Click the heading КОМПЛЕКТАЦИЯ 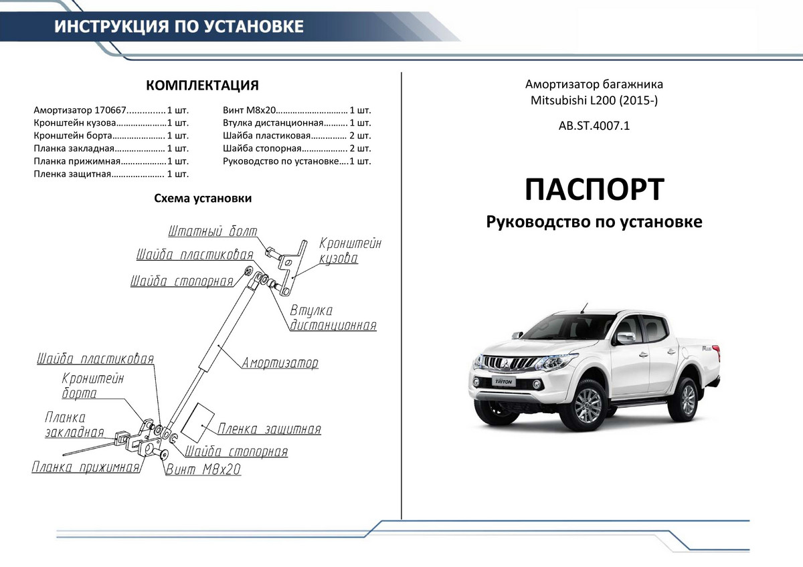pyautogui.click(x=202, y=86)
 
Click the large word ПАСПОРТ pyautogui.click(x=594, y=189)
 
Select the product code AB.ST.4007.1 pyautogui.click(x=594, y=125)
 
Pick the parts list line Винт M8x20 pyautogui.click(x=297, y=110)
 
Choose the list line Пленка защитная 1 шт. pyautogui.click(x=111, y=174)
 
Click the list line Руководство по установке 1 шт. pyautogui.click(x=297, y=161)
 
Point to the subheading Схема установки pyautogui.click(x=203, y=199)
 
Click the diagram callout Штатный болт pyautogui.click(x=213, y=232)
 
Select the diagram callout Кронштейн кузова pyautogui.click(x=349, y=251)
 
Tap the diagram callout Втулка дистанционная pyautogui.click(x=333, y=318)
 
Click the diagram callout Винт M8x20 pyautogui.click(x=203, y=470)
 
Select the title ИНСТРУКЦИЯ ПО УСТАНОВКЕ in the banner pyautogui.click(x=179, y=27)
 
